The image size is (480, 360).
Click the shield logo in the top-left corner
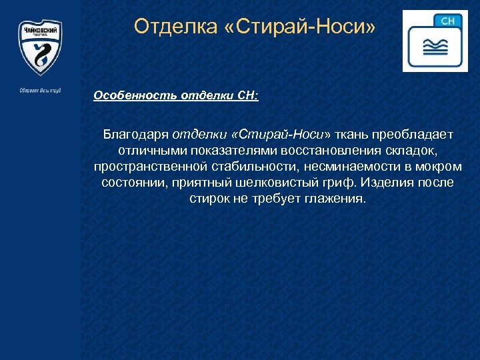[40, 50]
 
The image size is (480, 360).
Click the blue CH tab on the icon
[448, 21]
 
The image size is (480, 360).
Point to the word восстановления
[329, 150]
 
